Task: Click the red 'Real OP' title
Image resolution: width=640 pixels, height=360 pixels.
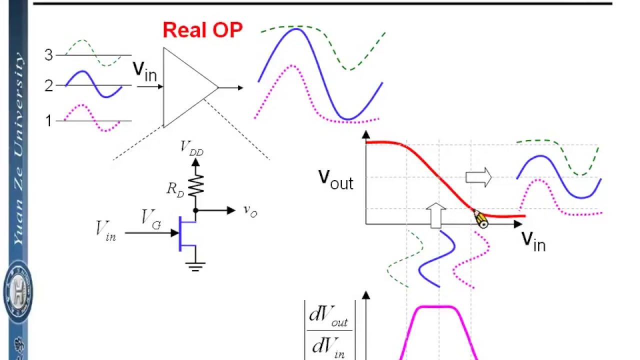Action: coord(202,30)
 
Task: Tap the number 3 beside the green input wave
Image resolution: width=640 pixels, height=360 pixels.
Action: coord(48,55)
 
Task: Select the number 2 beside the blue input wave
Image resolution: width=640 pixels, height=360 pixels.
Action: coord(48,86)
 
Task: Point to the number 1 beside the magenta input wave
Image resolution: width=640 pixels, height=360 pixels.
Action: coord(48,120)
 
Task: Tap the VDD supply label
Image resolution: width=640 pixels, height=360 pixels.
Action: coord(192,147)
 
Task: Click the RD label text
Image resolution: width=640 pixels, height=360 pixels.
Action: coord(175,189)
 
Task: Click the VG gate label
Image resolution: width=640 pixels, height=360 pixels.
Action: coord(151,218)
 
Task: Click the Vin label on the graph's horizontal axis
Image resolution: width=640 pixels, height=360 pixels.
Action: coord(533,241)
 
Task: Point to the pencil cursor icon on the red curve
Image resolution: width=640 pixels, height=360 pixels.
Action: coord(480,219)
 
